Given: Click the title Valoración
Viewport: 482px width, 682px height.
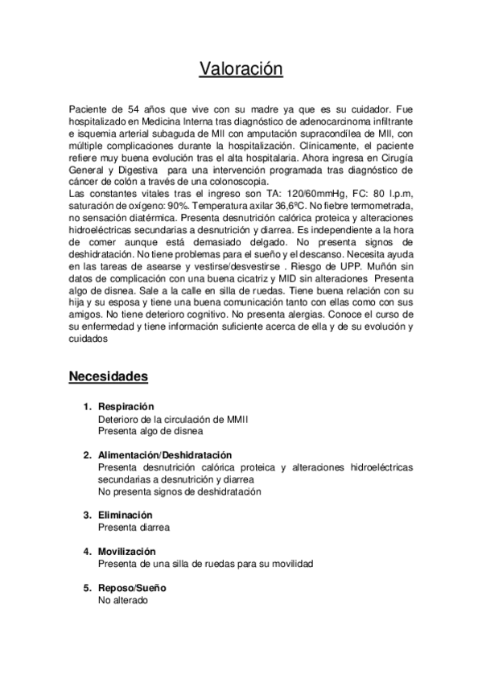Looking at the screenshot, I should tap(241, 70).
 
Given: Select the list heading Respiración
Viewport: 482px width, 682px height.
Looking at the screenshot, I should tap(126, 407).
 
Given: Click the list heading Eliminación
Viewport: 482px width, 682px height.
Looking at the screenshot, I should tap(125, 515).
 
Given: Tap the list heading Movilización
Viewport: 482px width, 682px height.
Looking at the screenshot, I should tap(126, 552).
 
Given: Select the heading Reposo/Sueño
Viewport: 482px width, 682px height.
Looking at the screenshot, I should tap(129, 588).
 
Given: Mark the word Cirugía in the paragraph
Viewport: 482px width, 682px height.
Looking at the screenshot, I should tap(396, 158).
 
